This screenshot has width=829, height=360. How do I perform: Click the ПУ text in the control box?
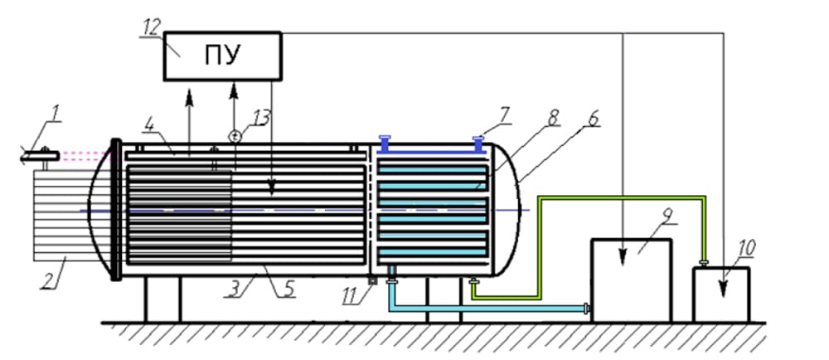[x=223, y=56]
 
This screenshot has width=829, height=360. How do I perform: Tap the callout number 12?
[x=150, y=28]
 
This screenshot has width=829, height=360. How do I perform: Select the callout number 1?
[x=56, y=113]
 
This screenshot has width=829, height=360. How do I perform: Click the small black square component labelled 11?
[x=372, y=280]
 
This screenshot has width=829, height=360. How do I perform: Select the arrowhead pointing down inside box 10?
[x=722, y=288]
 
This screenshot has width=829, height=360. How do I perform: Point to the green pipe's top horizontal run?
[x=622, y=197]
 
